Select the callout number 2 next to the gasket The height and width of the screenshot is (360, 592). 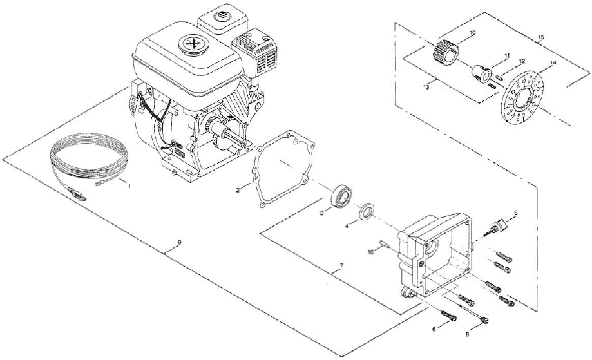click(238, 190)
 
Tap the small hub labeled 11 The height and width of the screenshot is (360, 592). click(479, 71)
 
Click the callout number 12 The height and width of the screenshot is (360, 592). click(522, 61)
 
